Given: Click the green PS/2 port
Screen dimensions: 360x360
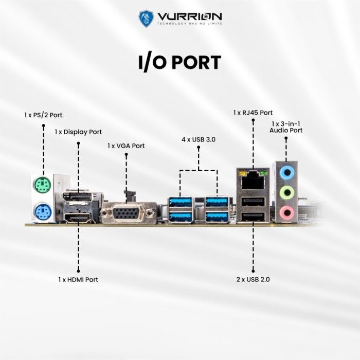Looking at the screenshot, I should click(43, 185).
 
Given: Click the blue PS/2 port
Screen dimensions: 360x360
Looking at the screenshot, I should click(43, 211).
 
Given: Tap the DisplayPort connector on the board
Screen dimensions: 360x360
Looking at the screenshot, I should click(78, 197).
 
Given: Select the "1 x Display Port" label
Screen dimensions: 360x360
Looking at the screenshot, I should click(78, 132).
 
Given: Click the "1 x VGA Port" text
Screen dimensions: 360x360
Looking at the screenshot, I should click(126, 146).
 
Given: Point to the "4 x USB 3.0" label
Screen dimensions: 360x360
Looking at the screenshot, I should click(198, 139).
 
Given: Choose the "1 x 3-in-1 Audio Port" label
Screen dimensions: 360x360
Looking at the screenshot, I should click(286, 127).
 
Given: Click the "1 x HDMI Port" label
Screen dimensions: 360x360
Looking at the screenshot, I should click(78, 279).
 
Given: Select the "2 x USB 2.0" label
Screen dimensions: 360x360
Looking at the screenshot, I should click(253, 279).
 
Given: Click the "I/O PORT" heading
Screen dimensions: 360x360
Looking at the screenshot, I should click(179, 62).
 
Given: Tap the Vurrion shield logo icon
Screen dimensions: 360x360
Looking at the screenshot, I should click(147, 19).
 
